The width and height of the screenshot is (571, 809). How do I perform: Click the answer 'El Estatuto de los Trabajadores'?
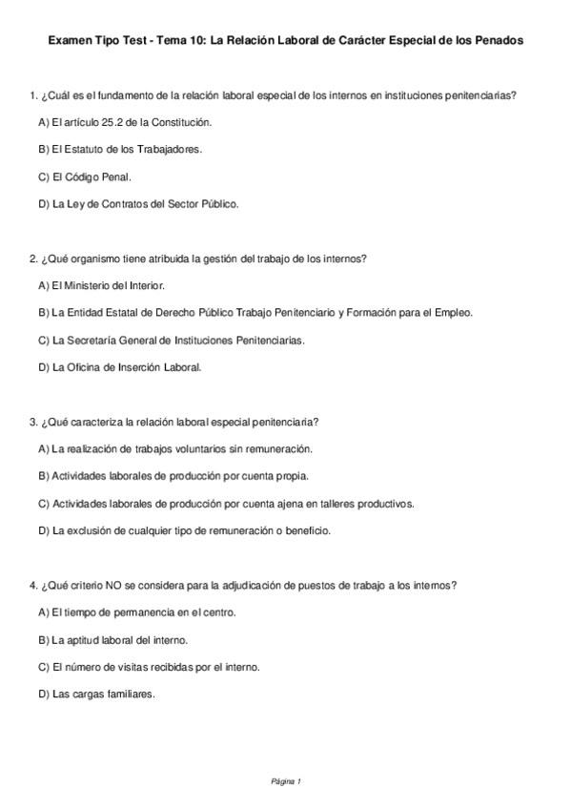click(120, 150)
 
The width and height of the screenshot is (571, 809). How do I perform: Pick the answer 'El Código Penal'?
click(85, 176)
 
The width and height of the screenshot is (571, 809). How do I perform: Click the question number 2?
click(33, 259)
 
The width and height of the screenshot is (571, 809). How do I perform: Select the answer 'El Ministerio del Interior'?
click(102, 285)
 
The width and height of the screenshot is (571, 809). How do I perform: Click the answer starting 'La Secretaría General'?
click(172, 339)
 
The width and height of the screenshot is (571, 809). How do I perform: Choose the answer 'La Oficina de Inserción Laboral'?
click(120, 366)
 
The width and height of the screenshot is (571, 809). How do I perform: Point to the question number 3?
click(33, 422)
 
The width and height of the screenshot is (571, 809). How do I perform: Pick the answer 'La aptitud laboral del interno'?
click(113, 639)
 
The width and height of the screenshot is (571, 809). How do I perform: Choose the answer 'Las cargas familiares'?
click(96, 694)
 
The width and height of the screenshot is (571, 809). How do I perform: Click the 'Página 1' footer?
click(285, 781)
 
